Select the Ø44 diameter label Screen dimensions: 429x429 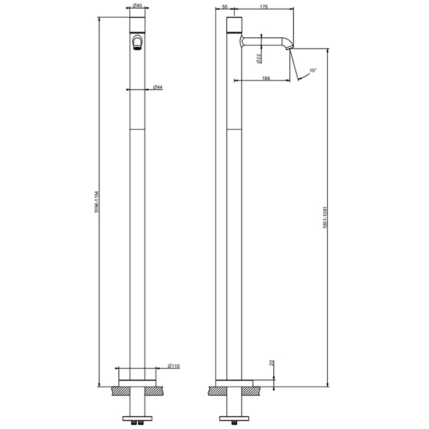(158, 87)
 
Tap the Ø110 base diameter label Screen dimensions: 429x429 (173, 366)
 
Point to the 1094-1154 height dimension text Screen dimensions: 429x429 (96, 202)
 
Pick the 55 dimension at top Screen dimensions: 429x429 (225, 7)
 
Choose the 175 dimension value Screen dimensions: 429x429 (264, 7)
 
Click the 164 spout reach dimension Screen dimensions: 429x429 (266, 78)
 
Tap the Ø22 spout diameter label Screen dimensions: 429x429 (259, 59)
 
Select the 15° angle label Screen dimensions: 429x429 (313, 70)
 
